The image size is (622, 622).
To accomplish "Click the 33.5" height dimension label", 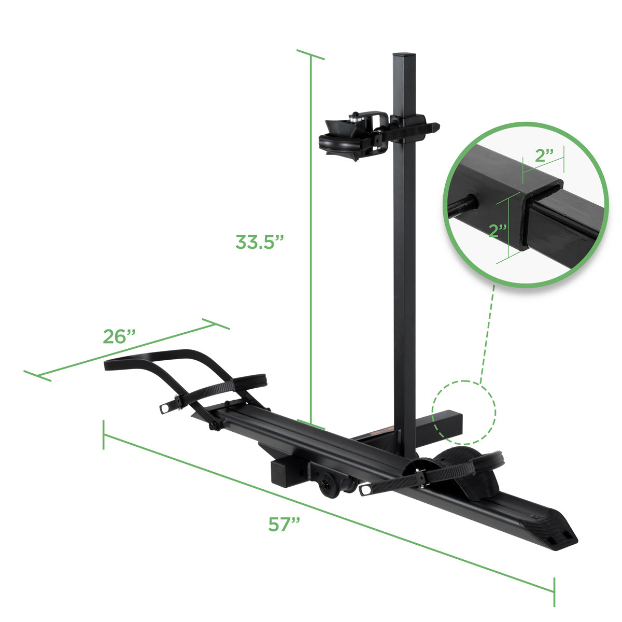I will click(260, 242).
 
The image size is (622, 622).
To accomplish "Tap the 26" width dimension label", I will click(119, 336).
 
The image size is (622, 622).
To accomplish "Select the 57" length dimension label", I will click(285, 524).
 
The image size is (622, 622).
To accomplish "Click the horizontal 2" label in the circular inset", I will click(545, 156).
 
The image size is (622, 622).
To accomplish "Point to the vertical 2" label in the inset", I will click(498, 230).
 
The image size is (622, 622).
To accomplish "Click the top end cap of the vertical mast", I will click(404, 54).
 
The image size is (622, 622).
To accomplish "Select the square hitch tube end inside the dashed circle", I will click(447, 424).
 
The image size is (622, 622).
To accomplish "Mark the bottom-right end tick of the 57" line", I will click(554, 591).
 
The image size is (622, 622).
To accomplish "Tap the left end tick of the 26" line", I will click(37, 376).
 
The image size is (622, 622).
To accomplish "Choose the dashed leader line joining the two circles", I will click(487, 337).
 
